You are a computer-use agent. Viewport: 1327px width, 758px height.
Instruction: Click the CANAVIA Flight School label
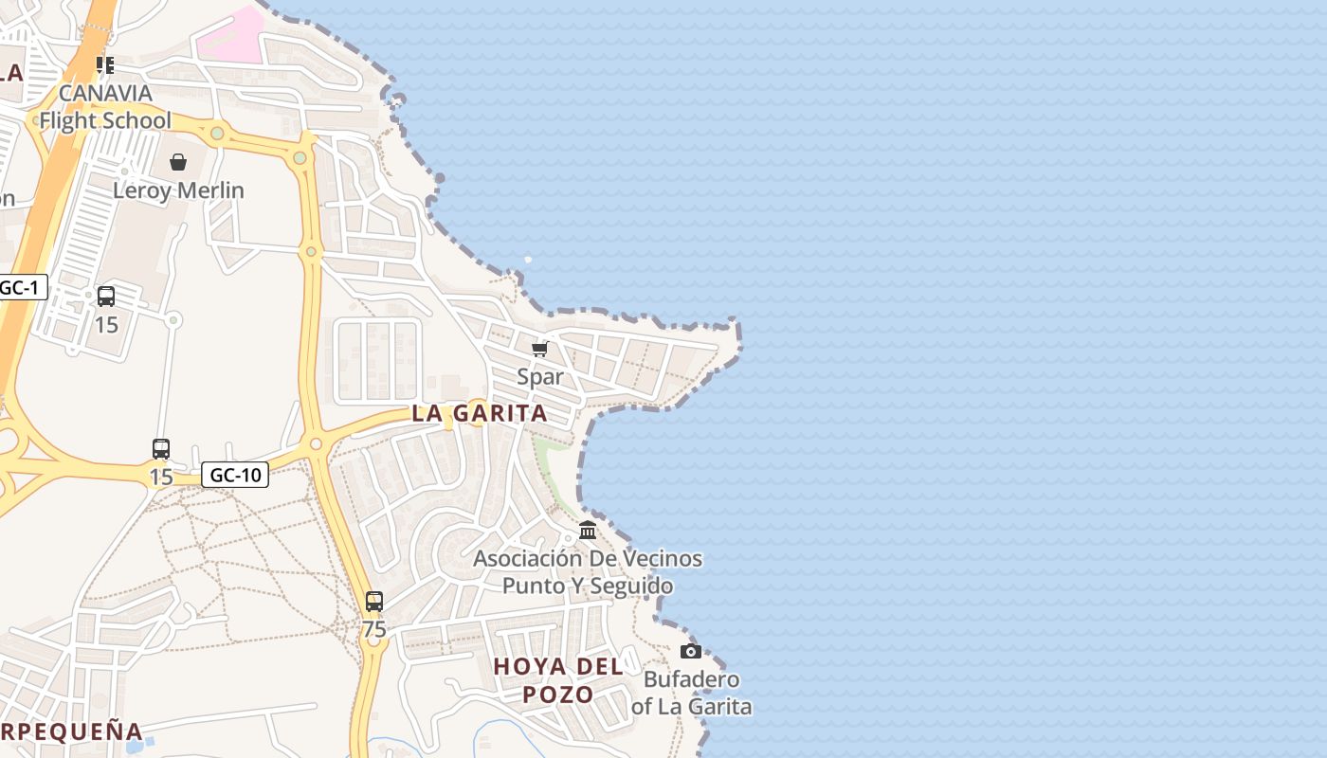[105, 107]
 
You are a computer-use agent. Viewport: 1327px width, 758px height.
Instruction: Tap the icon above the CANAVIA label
[105, 65]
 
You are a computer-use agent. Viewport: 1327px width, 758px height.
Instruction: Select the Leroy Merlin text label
[178, 190]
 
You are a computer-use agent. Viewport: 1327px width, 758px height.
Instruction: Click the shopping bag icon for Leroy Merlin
[178, 162]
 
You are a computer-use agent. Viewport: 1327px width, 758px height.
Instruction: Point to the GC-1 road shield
[22, 287]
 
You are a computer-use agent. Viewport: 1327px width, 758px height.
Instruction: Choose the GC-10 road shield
[235, 475]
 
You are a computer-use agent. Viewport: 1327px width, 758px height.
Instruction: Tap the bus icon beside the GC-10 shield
[161, 449]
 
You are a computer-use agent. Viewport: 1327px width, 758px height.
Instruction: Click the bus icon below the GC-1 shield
[106, 297]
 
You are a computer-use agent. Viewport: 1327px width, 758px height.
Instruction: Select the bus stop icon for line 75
[374, 602]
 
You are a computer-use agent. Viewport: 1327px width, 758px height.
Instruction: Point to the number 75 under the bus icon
[374, 629]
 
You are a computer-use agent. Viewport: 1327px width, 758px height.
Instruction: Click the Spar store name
[540, 377]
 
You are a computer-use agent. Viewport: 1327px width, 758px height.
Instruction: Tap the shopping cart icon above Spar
[540, 350]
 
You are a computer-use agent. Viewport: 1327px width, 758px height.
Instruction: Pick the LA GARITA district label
[480, 413]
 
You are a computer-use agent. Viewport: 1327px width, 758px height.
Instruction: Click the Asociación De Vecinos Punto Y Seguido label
[588, 572]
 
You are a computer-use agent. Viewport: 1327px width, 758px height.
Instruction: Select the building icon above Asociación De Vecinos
[588, 531]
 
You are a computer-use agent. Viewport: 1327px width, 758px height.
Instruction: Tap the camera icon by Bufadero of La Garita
[691, 651]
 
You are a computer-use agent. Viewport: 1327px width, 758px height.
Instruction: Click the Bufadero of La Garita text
[692, 693]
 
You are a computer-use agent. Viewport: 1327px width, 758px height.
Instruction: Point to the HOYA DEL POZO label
[558, 680]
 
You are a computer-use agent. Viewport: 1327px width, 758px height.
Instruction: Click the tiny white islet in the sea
[528, 259]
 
